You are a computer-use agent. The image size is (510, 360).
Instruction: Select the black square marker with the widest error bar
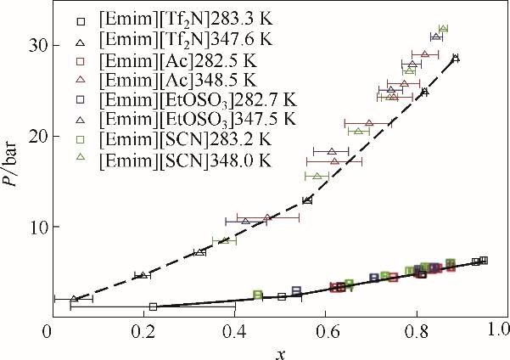click(x=153, y=307)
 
